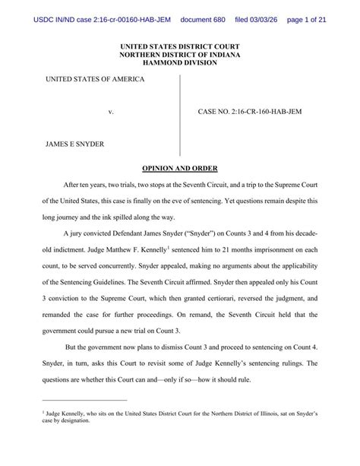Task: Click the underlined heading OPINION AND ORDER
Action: [180, 167]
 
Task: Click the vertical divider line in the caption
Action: [180, 114]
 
